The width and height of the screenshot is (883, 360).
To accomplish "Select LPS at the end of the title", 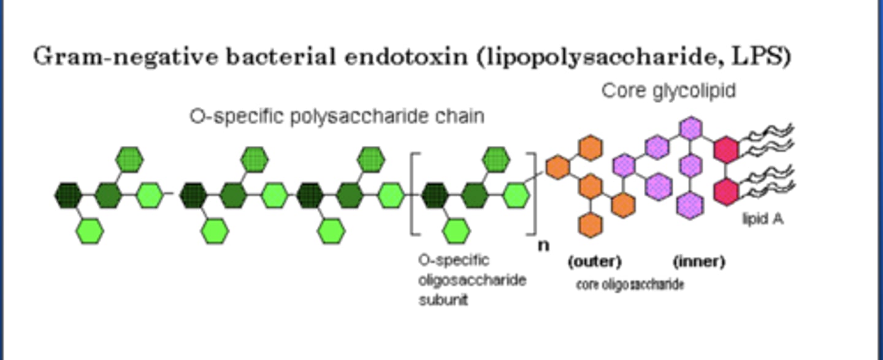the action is click(763, 56).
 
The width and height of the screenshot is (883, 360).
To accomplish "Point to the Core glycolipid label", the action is click(668, 91).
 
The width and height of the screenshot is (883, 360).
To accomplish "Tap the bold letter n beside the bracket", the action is click(543, 245).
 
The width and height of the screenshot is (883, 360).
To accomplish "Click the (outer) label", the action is click(594, 262).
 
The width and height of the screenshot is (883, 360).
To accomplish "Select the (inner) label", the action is click(698, 262).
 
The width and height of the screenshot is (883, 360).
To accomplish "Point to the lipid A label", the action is click(762, 219).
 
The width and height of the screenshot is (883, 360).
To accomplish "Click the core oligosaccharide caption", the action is click(630, 285).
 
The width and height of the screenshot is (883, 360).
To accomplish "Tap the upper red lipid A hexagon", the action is click(727, 150).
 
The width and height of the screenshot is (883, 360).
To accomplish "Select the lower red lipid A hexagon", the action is click(727, 192).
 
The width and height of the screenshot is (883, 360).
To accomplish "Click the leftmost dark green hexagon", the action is click(69, 195).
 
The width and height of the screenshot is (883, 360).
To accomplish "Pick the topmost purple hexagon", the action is click(691, 128).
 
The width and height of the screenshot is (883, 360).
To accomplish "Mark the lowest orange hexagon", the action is click(590, 224).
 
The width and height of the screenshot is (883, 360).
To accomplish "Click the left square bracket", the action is click(414, 194).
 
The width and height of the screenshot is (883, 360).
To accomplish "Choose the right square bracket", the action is click(533, 194).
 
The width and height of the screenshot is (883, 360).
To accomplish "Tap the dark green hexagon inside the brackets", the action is click(436, 195).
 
